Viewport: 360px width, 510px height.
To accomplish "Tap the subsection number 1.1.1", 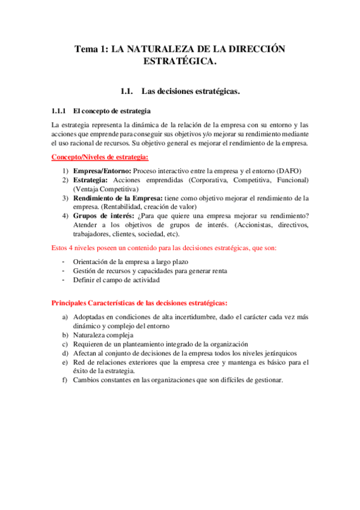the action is coord(59,111).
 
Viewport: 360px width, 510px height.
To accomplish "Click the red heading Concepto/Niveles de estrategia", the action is coord(100,158).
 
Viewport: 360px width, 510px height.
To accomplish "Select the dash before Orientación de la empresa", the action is coord(64,262).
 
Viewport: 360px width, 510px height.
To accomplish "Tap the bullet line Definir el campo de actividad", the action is coord(116,280).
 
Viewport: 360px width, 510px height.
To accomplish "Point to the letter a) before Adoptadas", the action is coord(64,316).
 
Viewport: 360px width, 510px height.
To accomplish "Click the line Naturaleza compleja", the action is coord(103,334).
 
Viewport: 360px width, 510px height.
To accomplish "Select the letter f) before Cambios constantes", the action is coord(64,380).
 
